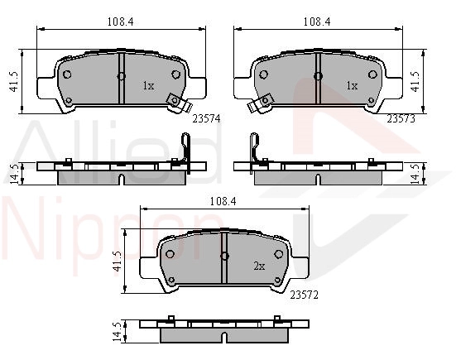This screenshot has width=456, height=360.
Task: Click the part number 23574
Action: (x=206, y=118)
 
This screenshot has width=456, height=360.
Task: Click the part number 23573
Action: (x=401, y=118)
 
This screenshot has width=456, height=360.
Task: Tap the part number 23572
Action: (x=305, y=295)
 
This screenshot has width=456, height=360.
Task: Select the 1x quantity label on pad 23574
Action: (x=148, y=86)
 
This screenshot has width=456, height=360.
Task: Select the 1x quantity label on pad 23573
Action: (x=352, y=86)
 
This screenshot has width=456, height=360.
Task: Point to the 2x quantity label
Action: (x=259, y=266)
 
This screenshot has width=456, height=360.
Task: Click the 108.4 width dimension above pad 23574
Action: (x=120, y=22)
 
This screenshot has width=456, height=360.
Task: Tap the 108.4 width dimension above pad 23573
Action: (x=317, y=22)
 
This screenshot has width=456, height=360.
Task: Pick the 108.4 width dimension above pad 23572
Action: (x=223, y=201)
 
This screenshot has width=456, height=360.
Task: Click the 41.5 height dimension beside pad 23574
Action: (x=14, y=82)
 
